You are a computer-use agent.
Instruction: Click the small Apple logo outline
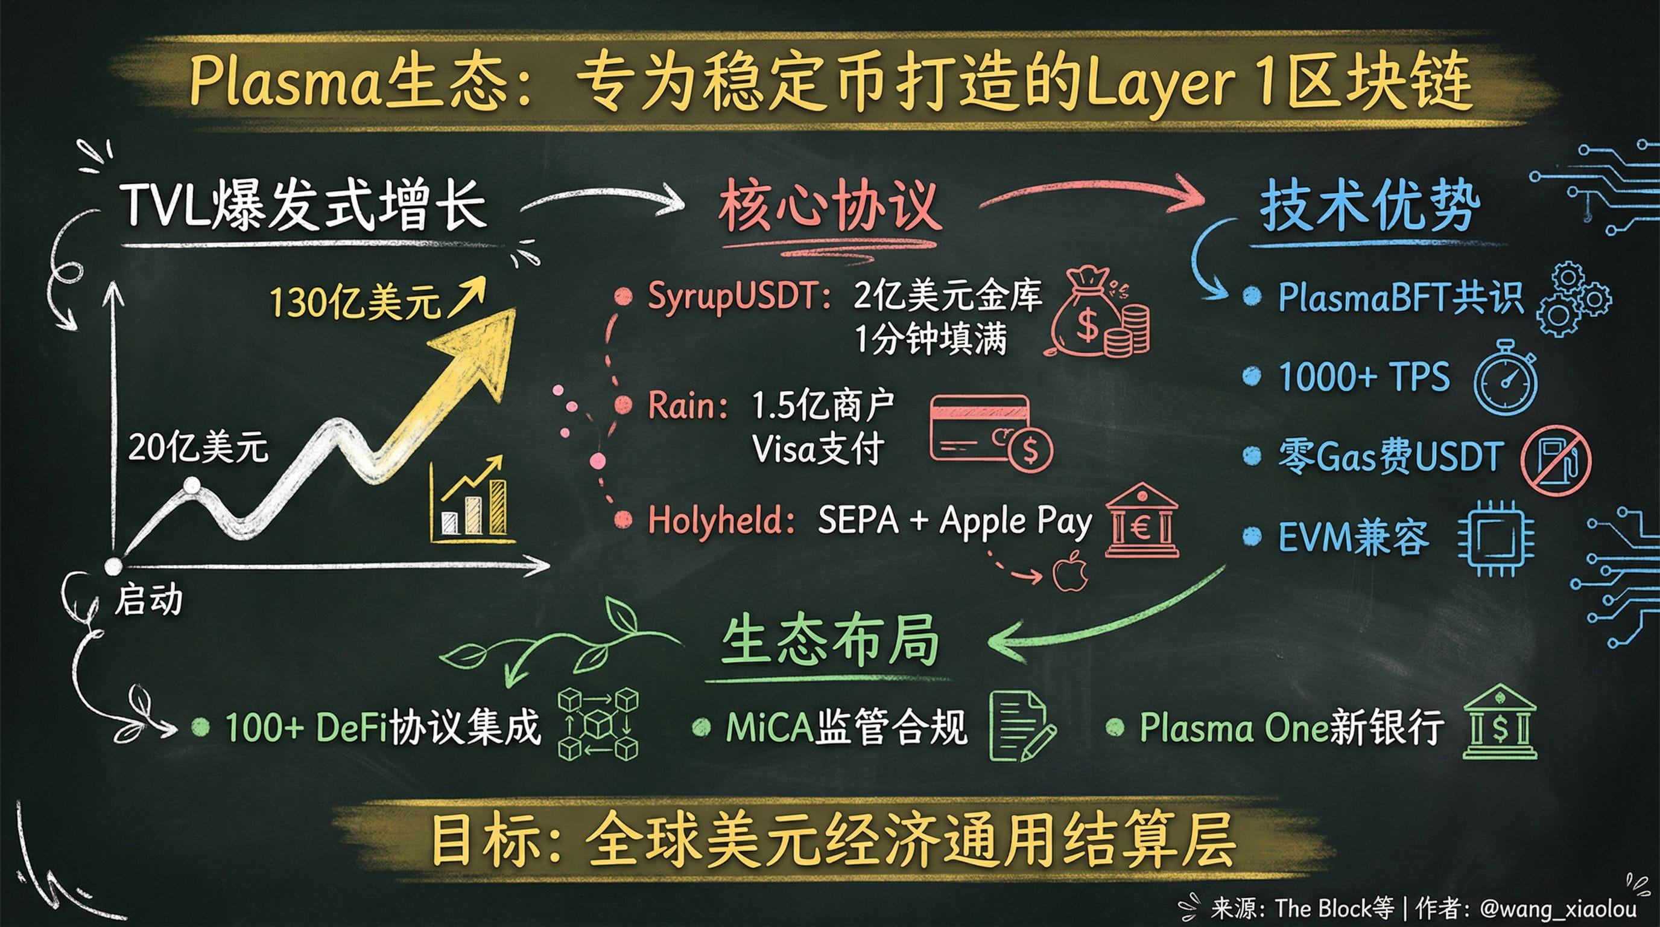[x=1070, y=571]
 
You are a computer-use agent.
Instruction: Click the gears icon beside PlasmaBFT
[x=1573, y=299]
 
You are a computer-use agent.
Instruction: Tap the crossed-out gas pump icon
[x=1556, y=460]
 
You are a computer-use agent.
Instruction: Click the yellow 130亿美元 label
[x=355, y=302]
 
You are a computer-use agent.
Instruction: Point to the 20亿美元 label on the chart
[x=198, y=447]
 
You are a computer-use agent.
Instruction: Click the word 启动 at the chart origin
[x=148, y=600]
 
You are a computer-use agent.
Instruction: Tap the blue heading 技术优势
[x=1369, y=206]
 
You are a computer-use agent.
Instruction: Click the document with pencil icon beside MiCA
[x=1021, y=726]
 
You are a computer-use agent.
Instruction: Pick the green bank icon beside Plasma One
[x=1500, y=723]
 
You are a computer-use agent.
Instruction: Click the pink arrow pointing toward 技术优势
[x=1089, y=191]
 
